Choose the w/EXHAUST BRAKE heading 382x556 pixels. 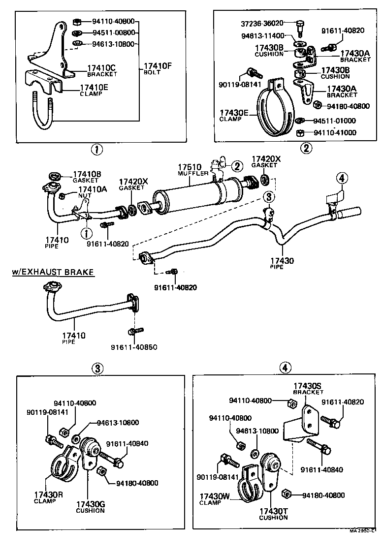(53, 272)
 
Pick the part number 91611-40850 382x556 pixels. (133, 347)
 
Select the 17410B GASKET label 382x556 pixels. (87, 176)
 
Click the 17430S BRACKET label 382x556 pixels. (308, 389)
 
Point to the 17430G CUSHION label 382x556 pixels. (90, 507)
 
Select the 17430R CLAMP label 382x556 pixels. (48, 497)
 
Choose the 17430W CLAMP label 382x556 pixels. (214, 499)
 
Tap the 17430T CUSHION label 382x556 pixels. (273, 514)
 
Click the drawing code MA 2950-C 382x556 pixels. (364, 531)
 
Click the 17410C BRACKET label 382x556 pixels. (102, 70)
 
